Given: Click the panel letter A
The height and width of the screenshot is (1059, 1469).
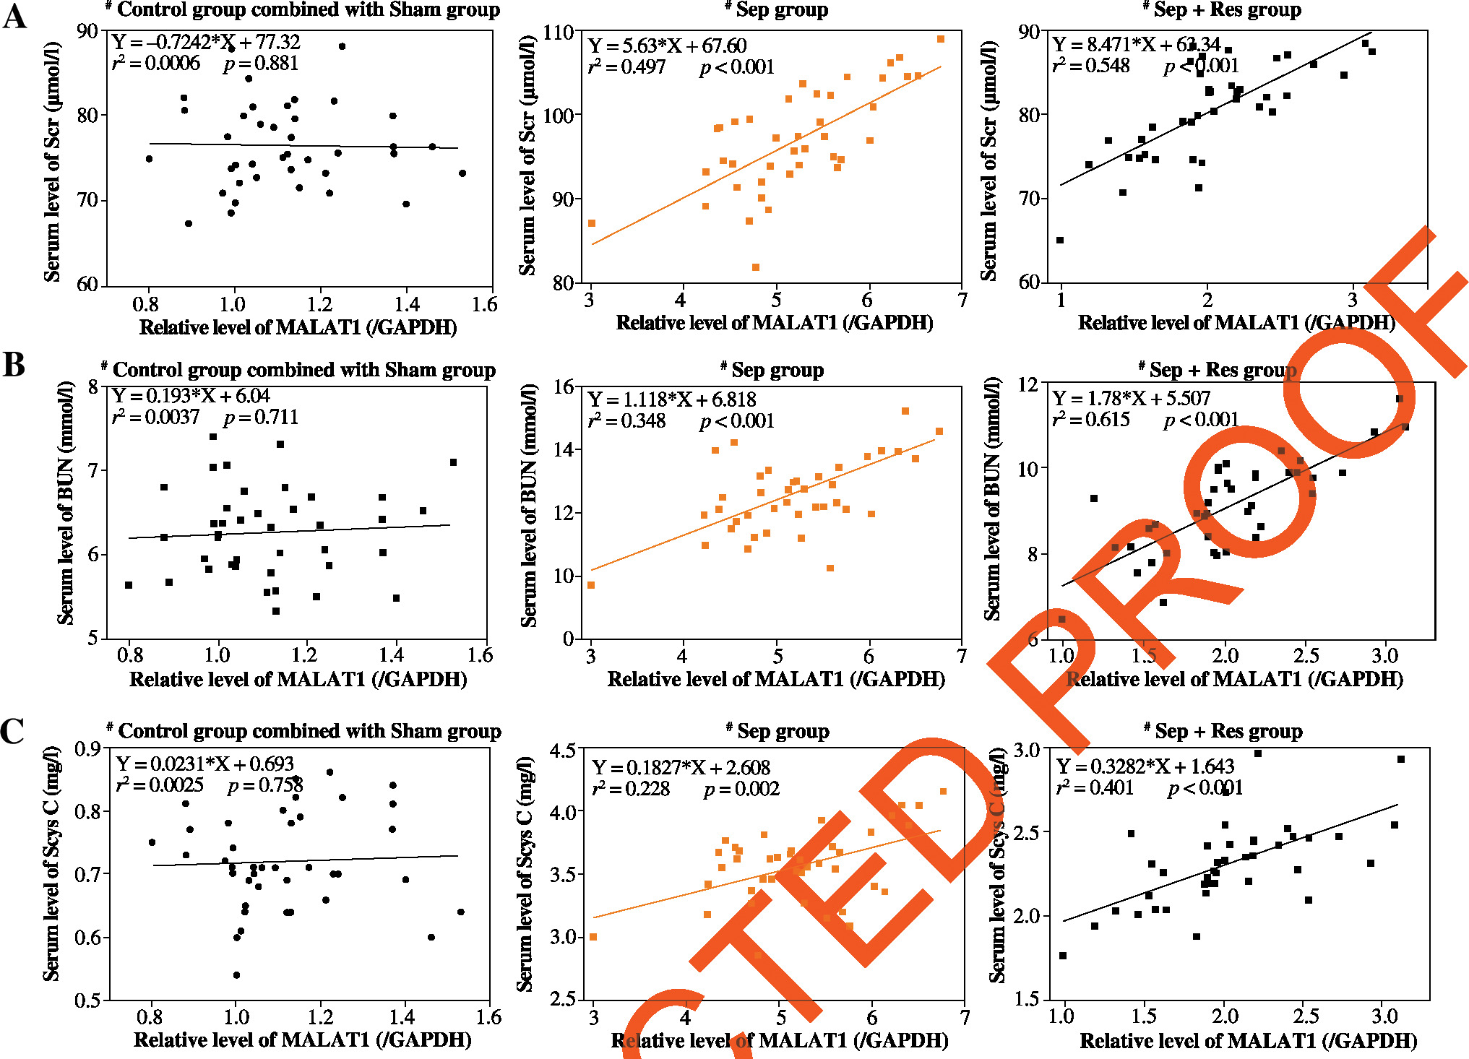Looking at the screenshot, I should (x=14, y=16).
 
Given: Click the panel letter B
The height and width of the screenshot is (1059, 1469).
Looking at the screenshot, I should (x=14, y=365).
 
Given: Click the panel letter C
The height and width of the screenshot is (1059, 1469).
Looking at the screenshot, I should (x=13, y=731).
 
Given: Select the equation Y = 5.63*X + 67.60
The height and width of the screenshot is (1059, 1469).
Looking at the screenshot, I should (x=667, y=46).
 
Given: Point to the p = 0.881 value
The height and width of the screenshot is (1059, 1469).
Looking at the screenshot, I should (x=261, y=64).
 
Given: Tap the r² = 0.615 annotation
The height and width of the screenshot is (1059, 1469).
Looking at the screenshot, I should (x=1091, y=420).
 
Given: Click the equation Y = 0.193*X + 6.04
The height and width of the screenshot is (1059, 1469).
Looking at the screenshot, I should (x=191, y=396).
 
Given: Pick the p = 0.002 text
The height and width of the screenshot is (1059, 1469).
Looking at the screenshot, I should (x=742, y=789).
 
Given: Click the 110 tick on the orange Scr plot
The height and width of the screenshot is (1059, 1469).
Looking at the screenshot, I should (x=559, y=33).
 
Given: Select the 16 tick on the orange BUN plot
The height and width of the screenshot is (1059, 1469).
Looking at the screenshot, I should (x=564, y=386).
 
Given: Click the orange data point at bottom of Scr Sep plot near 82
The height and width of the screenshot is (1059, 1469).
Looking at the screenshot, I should (x=756, y=267).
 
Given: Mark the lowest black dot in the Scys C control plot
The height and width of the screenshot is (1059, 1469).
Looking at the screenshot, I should (x=236, y=975).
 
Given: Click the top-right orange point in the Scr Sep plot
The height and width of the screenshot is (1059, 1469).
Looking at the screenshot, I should (x=941, y=39).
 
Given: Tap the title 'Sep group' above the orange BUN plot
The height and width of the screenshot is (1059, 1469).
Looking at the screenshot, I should (x=777, y=371).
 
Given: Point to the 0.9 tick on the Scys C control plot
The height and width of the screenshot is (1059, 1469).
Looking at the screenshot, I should (x=87, y=749).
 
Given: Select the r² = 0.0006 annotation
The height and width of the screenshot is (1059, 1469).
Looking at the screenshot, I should (x=156, y=64).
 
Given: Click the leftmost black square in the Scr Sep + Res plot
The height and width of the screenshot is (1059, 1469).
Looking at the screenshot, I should (x=1060, y=241).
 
